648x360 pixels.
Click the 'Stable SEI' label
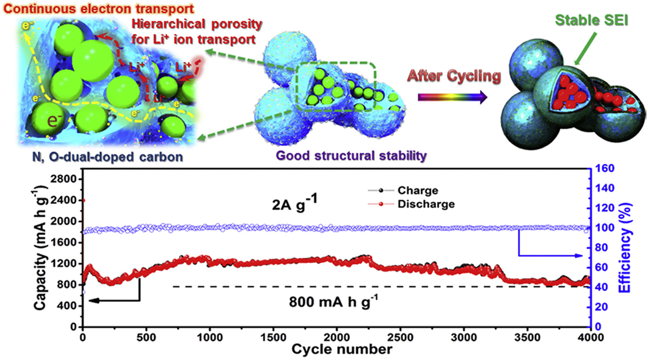click(x=591, y=20)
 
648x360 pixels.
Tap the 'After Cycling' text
click(x=454, y=76)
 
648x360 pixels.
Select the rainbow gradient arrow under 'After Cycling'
click(x=452, y=98)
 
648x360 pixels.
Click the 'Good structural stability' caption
click(x=351, y=156)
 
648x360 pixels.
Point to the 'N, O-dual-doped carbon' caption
click(x=107, y=157)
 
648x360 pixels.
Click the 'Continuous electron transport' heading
click(x=98, y=9)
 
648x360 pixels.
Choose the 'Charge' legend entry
click(x=418, y=190)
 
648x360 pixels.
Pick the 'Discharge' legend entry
click(x=426, y=204)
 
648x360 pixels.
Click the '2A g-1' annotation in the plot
click(x=294, y=203)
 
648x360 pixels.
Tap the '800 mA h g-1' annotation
click(x=333, y=302)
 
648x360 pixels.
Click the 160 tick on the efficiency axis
click(x=605, y=168)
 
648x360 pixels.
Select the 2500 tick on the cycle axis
click(x=400, y=337)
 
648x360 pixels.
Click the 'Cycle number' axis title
click(x=342, y=349)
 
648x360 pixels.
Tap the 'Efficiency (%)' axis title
click(x=625, y=247)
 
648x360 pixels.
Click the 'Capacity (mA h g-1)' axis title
click(x=41, y=248)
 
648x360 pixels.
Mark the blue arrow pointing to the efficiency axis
click(x=548, y=255)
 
